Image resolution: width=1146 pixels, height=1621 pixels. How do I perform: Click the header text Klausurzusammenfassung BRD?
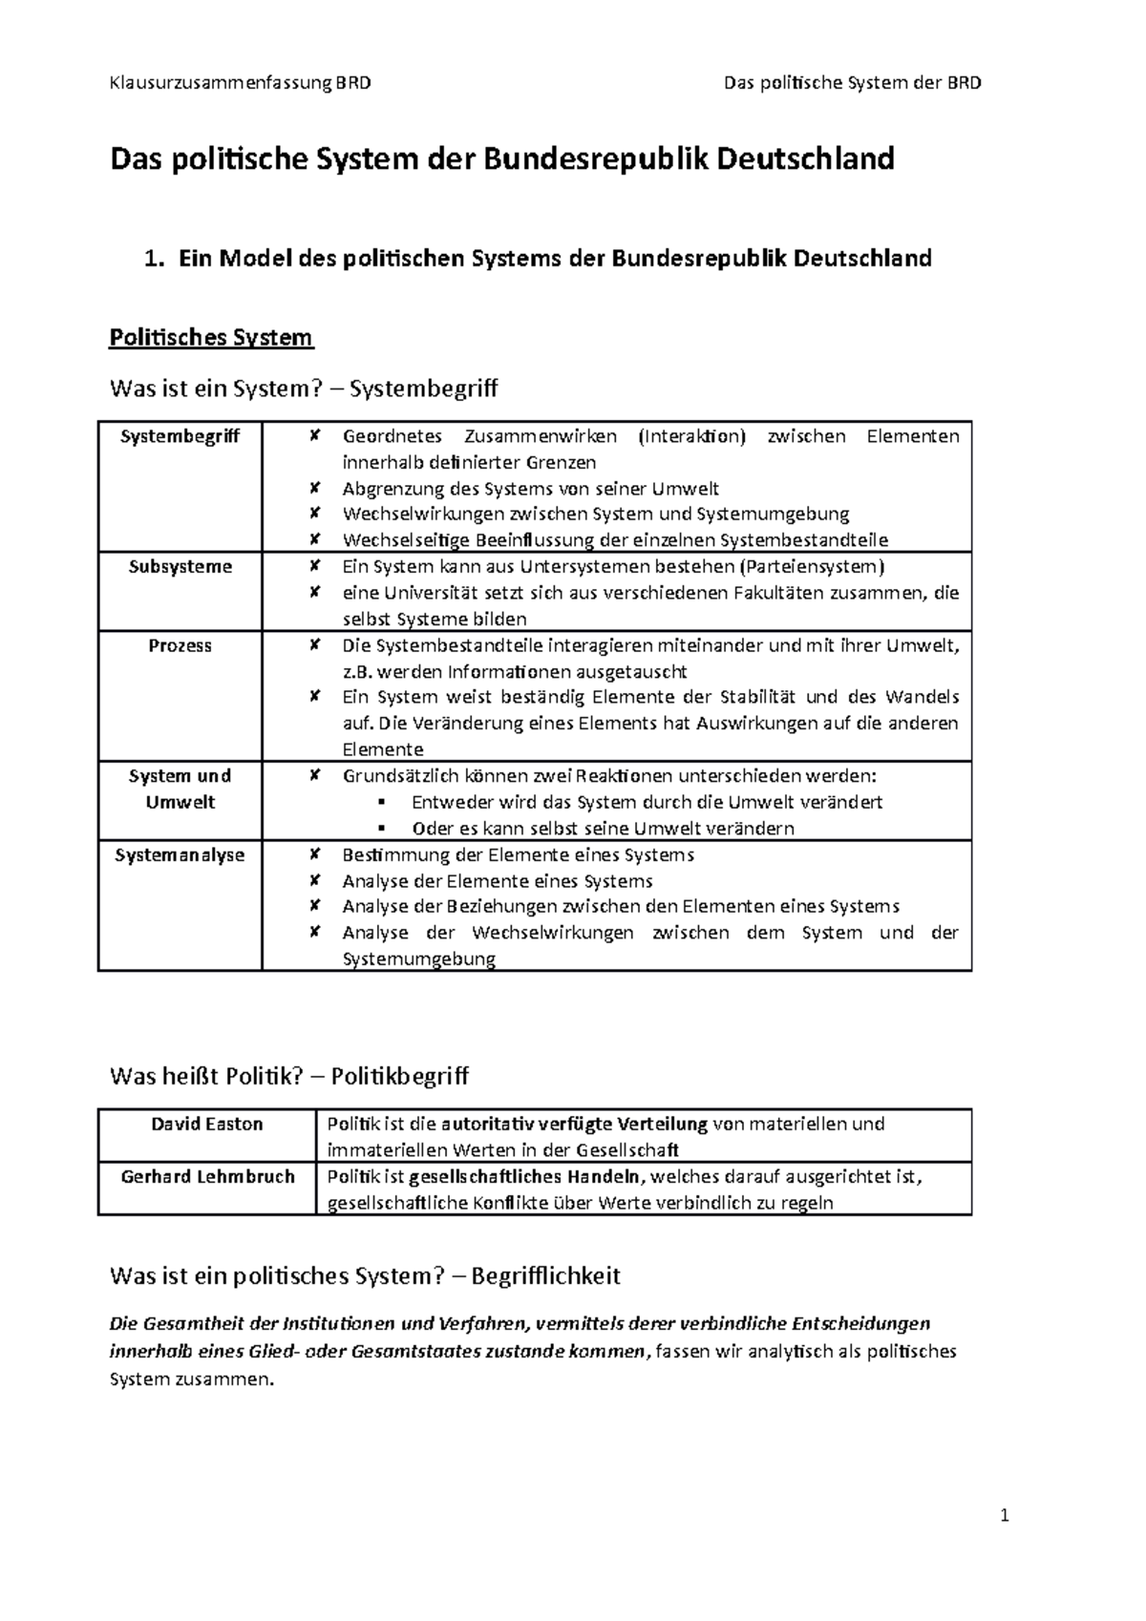pos(240,82)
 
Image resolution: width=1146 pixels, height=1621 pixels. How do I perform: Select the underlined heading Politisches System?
pos(211,337)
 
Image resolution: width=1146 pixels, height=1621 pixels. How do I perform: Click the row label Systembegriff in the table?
pos(180,436)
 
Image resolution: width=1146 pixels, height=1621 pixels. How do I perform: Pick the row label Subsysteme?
pos(180,567)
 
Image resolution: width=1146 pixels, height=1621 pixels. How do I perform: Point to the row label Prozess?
pos(180,646)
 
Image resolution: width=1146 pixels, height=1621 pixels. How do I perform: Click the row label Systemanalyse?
pos(180,855)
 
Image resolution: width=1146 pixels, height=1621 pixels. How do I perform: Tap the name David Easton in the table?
pos(206,1124)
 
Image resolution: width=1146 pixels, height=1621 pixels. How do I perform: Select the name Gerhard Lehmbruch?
pos(207,1176)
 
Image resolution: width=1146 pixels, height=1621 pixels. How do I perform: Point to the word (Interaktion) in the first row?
pos(690,436)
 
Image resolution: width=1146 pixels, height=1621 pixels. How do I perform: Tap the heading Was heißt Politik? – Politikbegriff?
pos(289,1076)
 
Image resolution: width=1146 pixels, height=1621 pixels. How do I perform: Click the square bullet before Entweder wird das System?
pos(380,802)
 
